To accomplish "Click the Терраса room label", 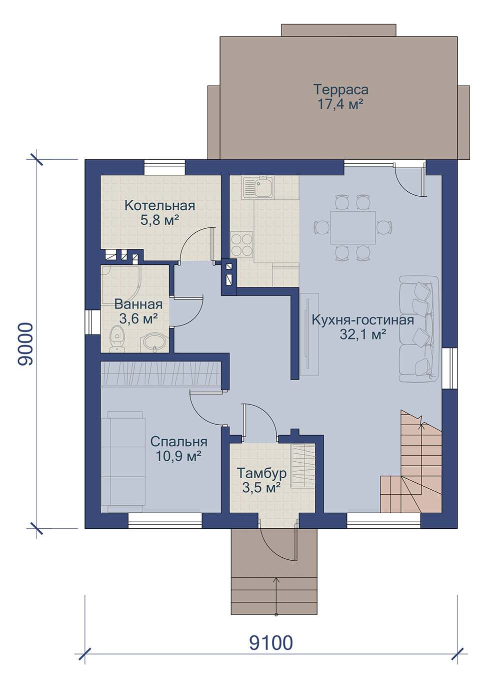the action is click(340, 90).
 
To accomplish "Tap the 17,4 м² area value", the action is click(340, 104).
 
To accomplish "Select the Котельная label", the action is click(159, 205).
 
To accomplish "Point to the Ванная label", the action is click(138, 304).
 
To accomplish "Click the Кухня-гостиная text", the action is click(363, 320).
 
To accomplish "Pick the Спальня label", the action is click(178, 442).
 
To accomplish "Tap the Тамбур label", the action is click(261, 473).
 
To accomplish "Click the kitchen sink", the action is click(258, 188).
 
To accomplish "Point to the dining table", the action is click(352, 227).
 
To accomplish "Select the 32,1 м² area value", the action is click(363, 335).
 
